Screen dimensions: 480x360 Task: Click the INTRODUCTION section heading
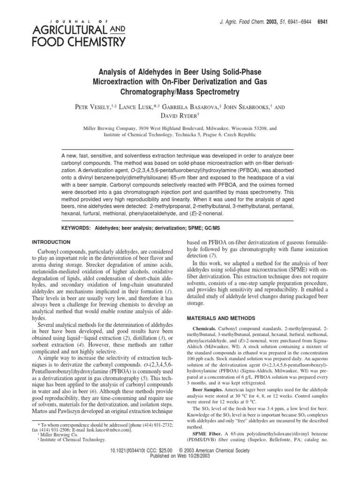(x=51, y=242)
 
